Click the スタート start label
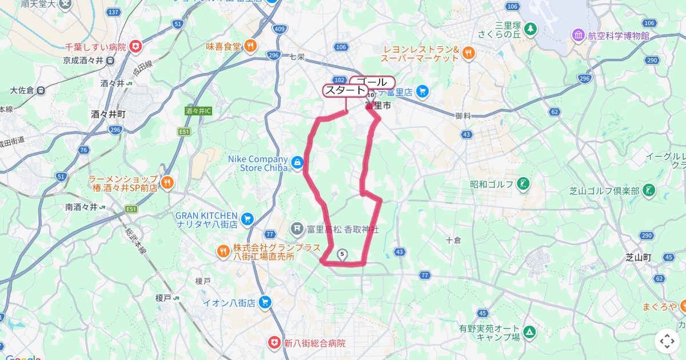pos(345,90)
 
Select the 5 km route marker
pos(342,255)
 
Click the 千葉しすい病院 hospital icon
pos(135,46)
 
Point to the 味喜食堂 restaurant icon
pos(250,46)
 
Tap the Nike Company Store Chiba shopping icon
pos(297,163)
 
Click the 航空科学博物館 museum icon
pos(578,35)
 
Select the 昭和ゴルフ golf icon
pos(523,185)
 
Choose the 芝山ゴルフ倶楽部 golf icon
pos(649,190)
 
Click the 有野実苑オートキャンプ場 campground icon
pos(530,331)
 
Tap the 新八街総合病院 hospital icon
pos(275,343)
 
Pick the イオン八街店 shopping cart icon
pos(265,302)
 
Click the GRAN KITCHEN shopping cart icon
pos(247,218)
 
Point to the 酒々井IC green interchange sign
pos(198,111)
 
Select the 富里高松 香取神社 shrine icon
pos(297,229)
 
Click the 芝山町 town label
pos(639,257)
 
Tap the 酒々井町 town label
pos(108,114)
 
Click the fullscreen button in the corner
pos(667,342)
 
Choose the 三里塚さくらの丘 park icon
pos(531,28)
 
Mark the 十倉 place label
pos(453,241)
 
